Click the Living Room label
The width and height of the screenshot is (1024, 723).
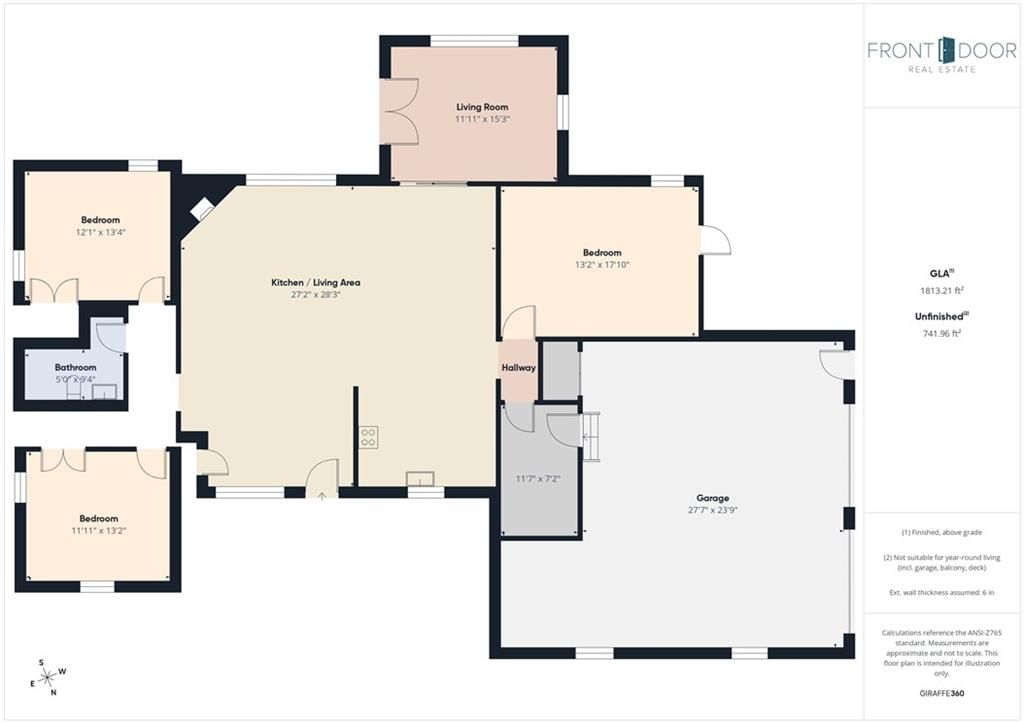tap(482, 106)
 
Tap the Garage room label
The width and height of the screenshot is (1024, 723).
tap(712, 498)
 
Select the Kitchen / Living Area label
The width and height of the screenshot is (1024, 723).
tap(315, 282)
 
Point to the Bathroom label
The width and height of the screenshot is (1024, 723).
tap(75, 367)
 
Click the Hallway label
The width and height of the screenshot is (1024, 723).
tap(519, 368)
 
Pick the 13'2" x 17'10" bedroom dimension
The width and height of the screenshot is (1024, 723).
tap(602, 265)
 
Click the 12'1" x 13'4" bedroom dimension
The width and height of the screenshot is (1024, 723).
tap(101, 232)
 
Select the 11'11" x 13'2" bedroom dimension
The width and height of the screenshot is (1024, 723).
tap(99, 530)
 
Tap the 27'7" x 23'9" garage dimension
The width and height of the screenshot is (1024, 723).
tap(712, 510)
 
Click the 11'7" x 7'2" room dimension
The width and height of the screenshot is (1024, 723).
tap(538, 479)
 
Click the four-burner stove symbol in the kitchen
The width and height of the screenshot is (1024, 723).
tap(368, 437)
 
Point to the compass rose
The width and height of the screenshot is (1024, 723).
tap(49, 678)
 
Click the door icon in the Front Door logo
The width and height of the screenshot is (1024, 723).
tap(942, 50)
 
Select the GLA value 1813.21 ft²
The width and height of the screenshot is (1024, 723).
tap(942, 291)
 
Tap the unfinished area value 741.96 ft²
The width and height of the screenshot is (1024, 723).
tap(941, 334)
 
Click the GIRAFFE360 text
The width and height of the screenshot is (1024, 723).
tap(941, 693)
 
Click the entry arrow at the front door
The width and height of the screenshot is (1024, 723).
tap(322, 496)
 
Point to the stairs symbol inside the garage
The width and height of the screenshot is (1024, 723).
tap(591, 437)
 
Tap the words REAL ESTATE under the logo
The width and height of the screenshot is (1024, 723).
tap(942, 69)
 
